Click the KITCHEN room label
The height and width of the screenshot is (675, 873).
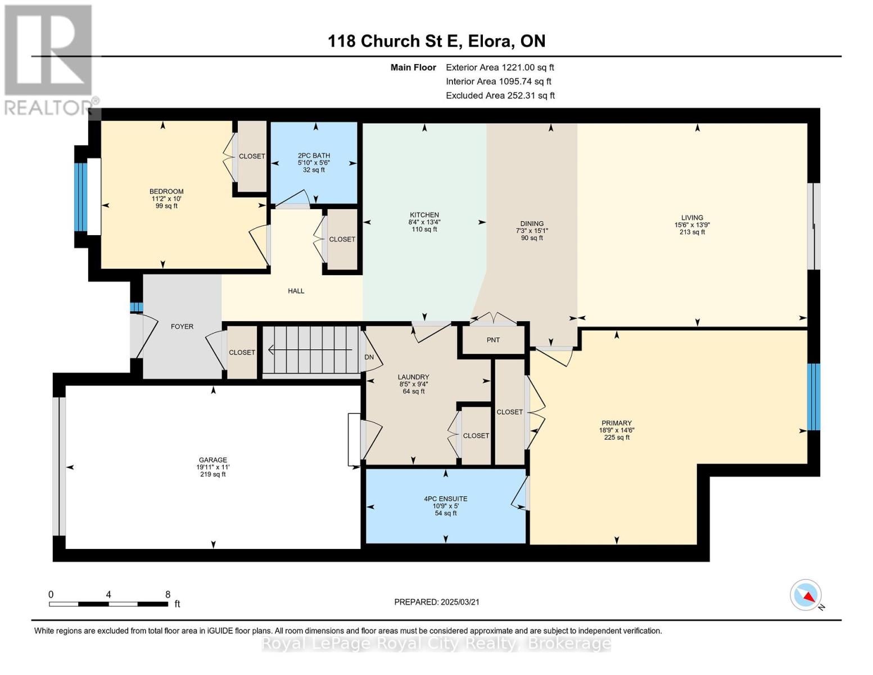click(x=424, y=215)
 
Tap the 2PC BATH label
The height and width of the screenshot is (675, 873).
click(x=314, y=156)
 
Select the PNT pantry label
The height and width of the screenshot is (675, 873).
click(x=493, y=340)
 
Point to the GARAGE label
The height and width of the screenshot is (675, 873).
click(x=213, y=460)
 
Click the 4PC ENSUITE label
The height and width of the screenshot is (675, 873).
click(x=446, y=499)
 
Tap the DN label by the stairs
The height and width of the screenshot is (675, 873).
click(x=369, y=357)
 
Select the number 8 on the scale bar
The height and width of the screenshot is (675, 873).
click(x=168, y=595)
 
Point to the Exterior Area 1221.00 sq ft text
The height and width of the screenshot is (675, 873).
click(x=500, y=67)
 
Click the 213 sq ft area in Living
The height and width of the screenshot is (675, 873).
click(x=692, y=232)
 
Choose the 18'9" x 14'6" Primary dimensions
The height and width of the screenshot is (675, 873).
click(x=617, y=430)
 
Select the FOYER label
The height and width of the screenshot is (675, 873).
click(x=182, y=327)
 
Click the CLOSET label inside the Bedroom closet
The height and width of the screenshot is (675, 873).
click(x=252, y=156)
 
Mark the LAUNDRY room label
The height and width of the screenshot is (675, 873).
click(x=413, y=377)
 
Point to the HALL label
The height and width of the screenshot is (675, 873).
click(x=296, y=291)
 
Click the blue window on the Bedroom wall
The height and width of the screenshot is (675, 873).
click(x=81, y=197)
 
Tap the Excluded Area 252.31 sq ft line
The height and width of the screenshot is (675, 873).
click(x=500, y=96)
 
